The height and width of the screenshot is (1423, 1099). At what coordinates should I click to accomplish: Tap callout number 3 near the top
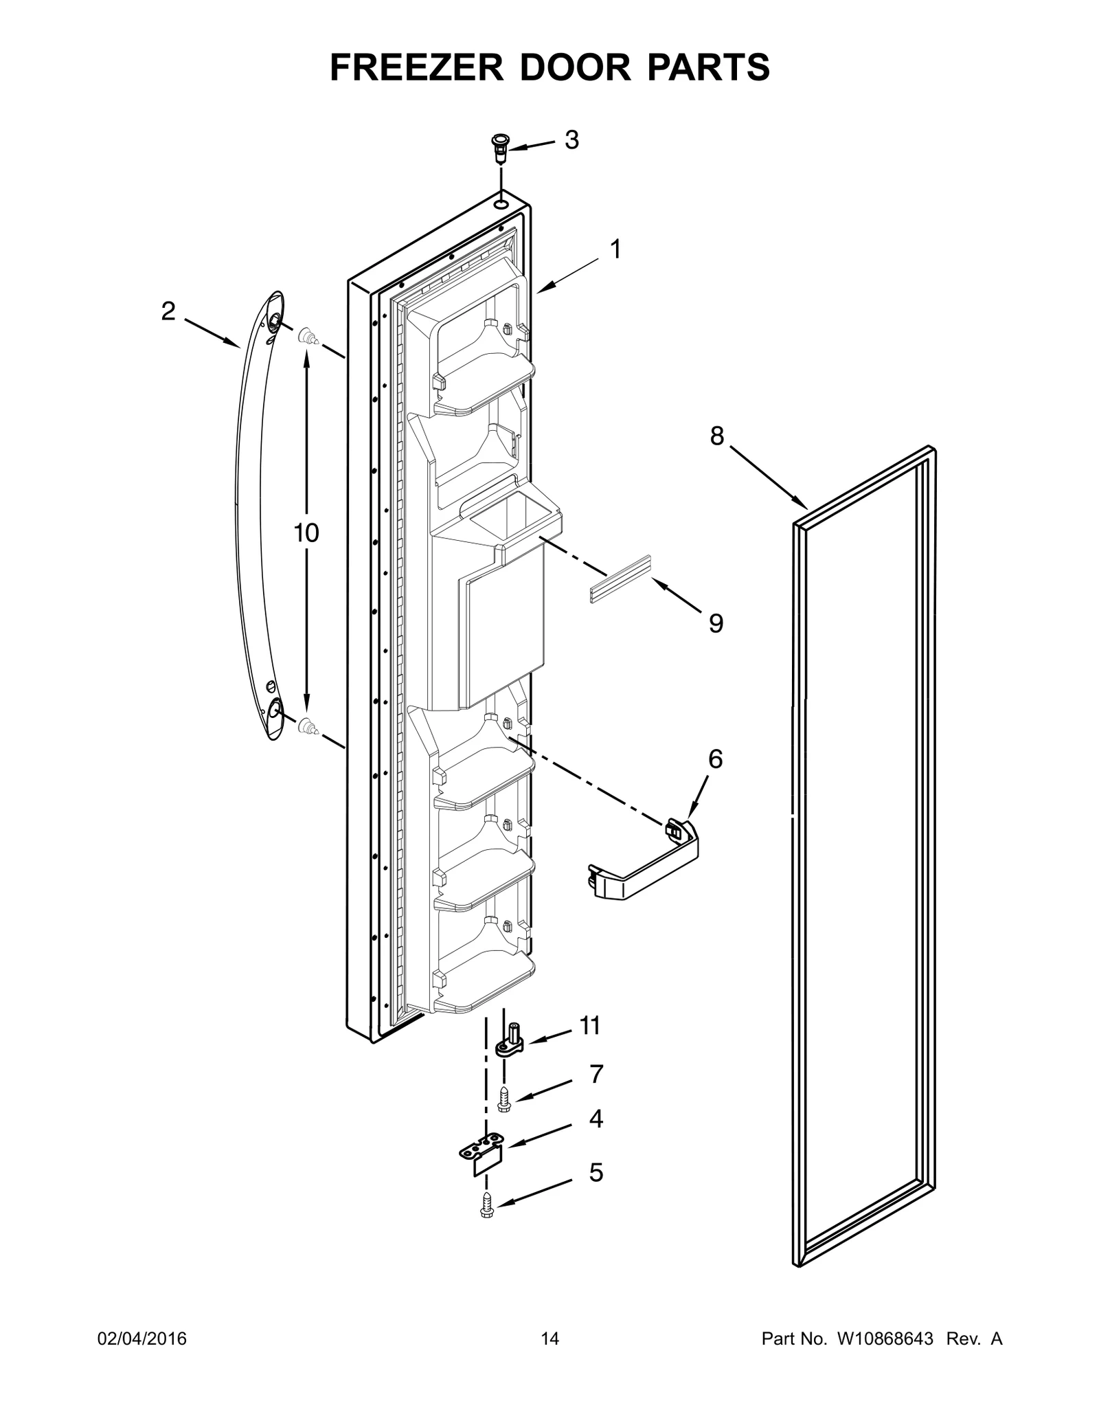coord(571,140)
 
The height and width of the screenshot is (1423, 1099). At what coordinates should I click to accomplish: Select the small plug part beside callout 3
coord(500,148)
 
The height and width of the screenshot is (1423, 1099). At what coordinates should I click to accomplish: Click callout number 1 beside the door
coord(615,249)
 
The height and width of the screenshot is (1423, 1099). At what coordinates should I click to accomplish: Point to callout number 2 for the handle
coord(168,312)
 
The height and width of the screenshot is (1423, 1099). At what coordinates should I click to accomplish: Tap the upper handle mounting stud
coord(308,337)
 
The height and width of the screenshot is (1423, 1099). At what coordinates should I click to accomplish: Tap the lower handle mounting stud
coord(308,726)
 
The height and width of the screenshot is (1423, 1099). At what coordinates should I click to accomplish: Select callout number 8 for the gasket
coord(716,436)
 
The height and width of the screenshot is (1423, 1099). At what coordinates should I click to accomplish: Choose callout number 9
coord(716,623)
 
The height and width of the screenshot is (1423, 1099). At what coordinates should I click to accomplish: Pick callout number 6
coord(715,759)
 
